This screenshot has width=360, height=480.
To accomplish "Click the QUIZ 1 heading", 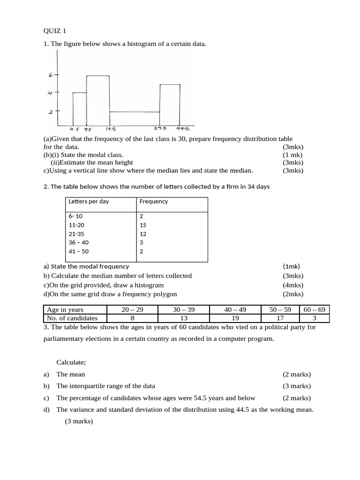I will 55,31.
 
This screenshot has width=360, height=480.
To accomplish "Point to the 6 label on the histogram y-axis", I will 50,75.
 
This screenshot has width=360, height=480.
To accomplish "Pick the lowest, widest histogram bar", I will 135,119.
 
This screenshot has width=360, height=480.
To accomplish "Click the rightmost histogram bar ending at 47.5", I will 170,105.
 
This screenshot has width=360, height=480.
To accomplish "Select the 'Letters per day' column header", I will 89,202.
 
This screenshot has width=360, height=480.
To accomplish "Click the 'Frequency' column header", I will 153,202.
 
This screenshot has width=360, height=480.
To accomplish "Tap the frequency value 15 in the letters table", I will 143,225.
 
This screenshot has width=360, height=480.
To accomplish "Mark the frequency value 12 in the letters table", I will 143,233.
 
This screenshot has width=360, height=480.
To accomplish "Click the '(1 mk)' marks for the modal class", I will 292,155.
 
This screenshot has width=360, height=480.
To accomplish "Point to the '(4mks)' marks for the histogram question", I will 293,285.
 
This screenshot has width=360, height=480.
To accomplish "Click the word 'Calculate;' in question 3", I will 71,362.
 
